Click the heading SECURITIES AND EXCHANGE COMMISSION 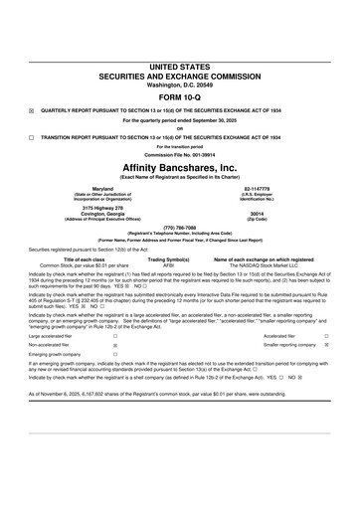tap(180, 74)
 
